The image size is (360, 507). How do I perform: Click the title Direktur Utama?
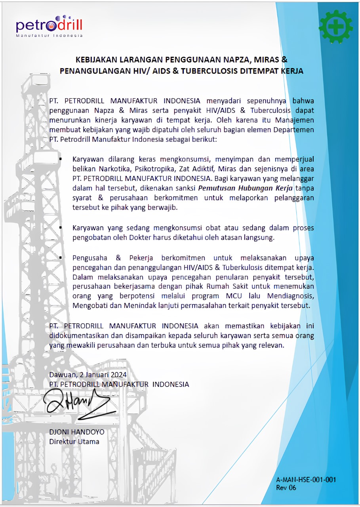(x=74, y=441)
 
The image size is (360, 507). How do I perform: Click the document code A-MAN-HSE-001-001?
(x=306, y=479)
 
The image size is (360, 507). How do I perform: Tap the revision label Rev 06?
(x=286, y=488)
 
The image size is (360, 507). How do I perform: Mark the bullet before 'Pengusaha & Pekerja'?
(x=61, y=257)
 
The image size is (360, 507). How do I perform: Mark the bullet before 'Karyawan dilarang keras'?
(x=61, y=159)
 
